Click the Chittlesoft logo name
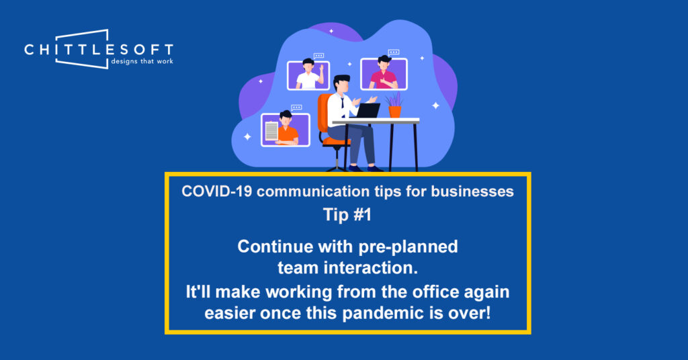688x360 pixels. (99, 49)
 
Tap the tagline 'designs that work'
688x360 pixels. (142, 61)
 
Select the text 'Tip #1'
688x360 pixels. (347, 215)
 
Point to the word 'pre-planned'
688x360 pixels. (408, 247)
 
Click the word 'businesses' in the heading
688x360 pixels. (472, 191)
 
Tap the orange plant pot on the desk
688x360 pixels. (395, 111)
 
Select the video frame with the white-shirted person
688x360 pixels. (308, 75)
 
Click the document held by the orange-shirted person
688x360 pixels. (271, 131)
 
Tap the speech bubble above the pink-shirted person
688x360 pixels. (394, 52)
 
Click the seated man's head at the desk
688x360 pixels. (342, 84)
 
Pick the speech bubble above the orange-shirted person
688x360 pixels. (296, 107)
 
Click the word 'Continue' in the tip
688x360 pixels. (275, 247)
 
